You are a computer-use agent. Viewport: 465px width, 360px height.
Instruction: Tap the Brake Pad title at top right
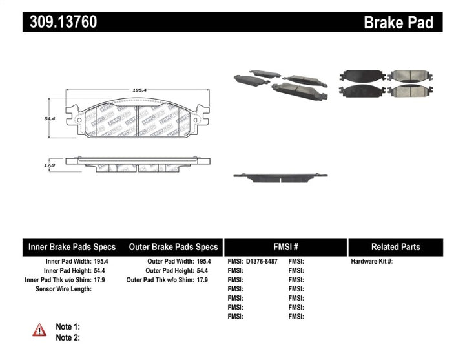[x=398, y=23]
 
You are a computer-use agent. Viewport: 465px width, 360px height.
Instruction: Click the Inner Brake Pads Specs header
[x=72, y=247]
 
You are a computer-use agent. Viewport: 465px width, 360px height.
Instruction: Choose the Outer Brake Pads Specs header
[x=173, y=247]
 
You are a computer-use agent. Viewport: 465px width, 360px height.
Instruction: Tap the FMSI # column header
[x=285, y=247]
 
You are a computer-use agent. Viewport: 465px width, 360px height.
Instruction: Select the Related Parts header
[x=395, y=247]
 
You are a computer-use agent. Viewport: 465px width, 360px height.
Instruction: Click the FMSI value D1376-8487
[x=265, y=262]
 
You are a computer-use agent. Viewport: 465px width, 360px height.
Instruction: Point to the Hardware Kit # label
[x=371, y=262]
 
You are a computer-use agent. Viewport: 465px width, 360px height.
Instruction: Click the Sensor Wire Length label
[x=63, y=289]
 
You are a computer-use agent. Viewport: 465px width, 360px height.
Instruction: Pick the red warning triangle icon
[x=39, y=330]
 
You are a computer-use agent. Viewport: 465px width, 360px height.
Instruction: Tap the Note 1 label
[x=67, y=326]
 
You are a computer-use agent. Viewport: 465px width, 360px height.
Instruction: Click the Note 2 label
[x=67, y=337]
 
